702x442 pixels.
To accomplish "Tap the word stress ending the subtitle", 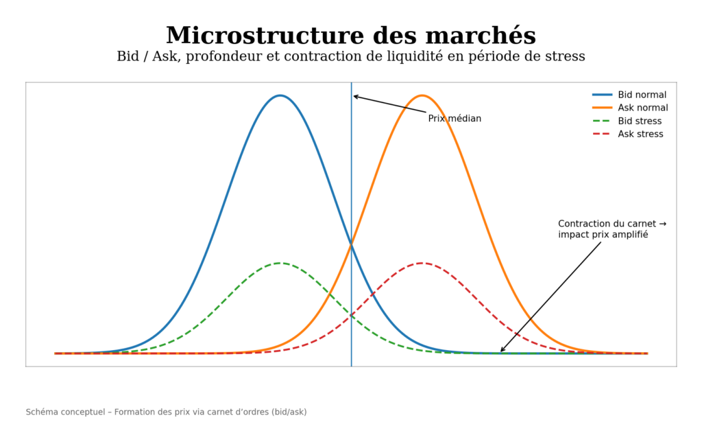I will point(564,57).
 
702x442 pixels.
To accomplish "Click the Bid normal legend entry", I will point(642,95).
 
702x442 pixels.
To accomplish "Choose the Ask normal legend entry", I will point(643,108).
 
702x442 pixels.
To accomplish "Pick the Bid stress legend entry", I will point(640,121).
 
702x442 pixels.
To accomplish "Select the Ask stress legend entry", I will point(640,134).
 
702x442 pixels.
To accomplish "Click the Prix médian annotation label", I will point(455,119).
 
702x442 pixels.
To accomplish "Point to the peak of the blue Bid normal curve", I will point(280,95).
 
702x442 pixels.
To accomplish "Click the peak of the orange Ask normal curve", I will point(422,95).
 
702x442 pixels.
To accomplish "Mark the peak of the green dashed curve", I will point(280,263).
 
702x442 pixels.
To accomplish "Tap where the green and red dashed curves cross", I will point(351,316).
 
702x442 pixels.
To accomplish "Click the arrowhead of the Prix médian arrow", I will point(354,96).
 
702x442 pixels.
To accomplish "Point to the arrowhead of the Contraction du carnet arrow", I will point(501,351).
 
